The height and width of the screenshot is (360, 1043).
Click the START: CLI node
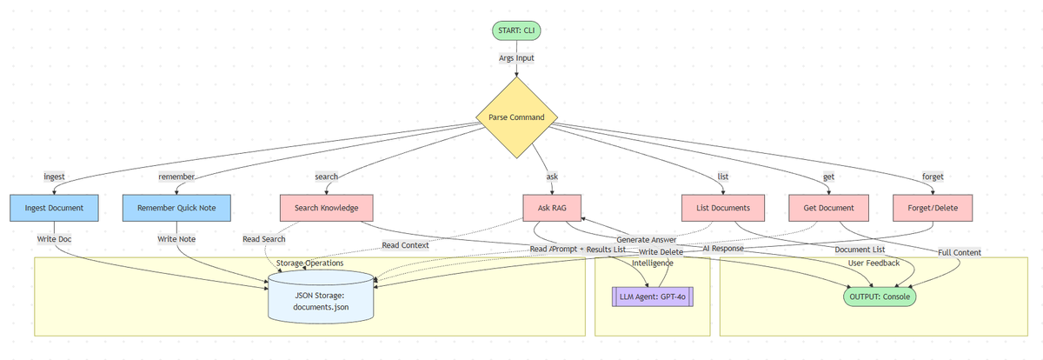click(517, 31)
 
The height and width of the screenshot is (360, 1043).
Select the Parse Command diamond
click(517, 117)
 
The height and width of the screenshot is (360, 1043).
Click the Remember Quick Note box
click(176, 208)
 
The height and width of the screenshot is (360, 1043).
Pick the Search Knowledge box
click(327, 208)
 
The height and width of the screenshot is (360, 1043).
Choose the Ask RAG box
click(552, 208)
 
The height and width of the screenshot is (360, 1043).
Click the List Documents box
click(722, 208)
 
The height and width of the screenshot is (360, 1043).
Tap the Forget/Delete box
click(933, 208)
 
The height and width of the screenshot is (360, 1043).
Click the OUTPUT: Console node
click(880, 296)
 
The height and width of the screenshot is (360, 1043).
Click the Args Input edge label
click(517, 57)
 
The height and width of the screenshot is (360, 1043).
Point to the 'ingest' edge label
click(55, 177)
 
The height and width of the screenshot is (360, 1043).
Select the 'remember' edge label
click(176, 177)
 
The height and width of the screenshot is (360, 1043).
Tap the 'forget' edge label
click(933, 177)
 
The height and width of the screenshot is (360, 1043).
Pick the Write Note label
click(176, 238)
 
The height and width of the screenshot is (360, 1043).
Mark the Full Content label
click(960, 252)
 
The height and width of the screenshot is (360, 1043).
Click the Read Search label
click(264, 238)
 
